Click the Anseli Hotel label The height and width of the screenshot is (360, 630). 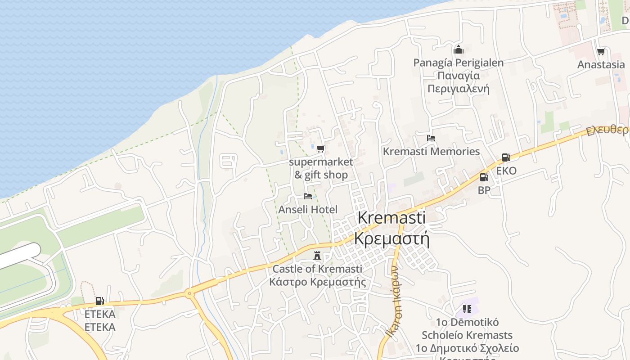click(x=308, y=210)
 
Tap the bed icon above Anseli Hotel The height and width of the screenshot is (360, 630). click(x=308, y=196)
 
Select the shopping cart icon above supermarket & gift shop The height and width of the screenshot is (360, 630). click(x=320, y=148)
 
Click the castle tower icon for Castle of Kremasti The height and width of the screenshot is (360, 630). click(x=317, y=255)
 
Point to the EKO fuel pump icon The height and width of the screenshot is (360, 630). click(x=506, y=157)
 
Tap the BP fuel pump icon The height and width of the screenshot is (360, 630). click(x=484, y=177)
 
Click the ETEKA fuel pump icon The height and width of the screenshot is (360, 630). click(x=99, y=301)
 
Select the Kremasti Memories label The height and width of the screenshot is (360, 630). click(x=431, y=152)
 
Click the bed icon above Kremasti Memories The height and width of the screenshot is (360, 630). click(x=431, y=138)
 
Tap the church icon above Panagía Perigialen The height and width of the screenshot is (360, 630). click(x=459, y=49)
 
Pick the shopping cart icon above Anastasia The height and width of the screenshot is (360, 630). click(x=601, y=52)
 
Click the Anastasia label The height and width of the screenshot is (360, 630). click(x=601, y=65)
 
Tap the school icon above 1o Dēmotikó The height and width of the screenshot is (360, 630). click(x=467, y=309)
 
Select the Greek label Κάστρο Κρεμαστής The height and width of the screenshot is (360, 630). click(x=317, y=282)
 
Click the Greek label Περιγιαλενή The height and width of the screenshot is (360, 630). click(x=458, y=88)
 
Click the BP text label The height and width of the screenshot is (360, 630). click(x=484, y=190)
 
